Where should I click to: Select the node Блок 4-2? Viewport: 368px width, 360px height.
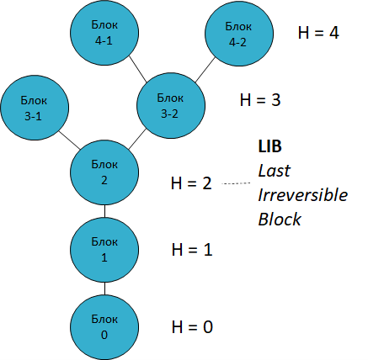tap(238, 33)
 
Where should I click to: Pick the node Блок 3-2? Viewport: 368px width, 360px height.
tap(168, 106)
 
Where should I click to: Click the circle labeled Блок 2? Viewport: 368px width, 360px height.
tap(104, 172)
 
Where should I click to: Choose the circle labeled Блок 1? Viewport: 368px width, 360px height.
tap(104, 249)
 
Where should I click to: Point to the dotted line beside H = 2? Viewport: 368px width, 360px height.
tap(239, 183)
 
